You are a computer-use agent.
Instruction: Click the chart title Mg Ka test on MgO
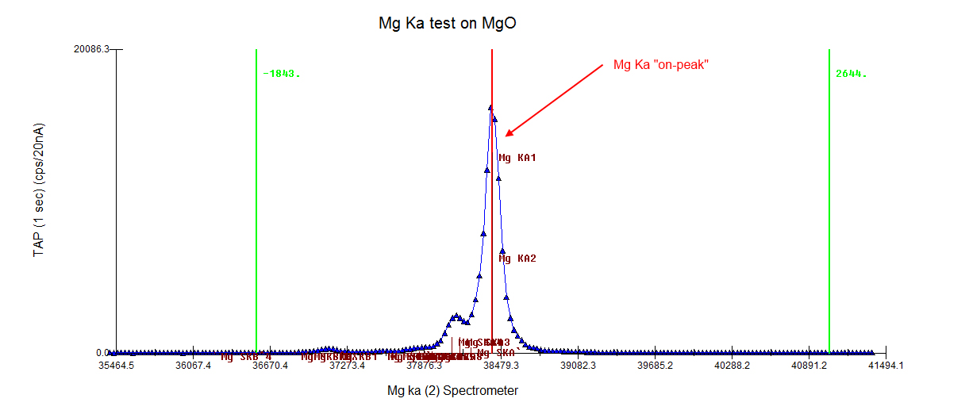point(448,23)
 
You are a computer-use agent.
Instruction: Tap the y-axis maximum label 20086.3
point(91,49)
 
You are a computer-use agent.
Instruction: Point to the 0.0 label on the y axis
point(102,352)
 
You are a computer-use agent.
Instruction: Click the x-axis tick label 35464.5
point(116,366)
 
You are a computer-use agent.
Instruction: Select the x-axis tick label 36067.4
point(193,366)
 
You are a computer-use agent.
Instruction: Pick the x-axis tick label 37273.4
point(347,366)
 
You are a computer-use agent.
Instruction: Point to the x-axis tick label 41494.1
point(885,366)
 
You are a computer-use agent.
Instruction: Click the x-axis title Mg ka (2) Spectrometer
point(452,390)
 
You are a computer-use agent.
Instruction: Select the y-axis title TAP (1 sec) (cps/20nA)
point(38,190)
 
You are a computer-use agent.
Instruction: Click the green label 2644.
point(851,74)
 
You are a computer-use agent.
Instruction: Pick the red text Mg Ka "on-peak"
point(661,64)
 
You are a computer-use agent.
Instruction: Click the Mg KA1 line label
point(517,158)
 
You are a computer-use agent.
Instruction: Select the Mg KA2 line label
point(517,259)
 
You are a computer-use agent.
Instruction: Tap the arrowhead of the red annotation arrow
point(508,134)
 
